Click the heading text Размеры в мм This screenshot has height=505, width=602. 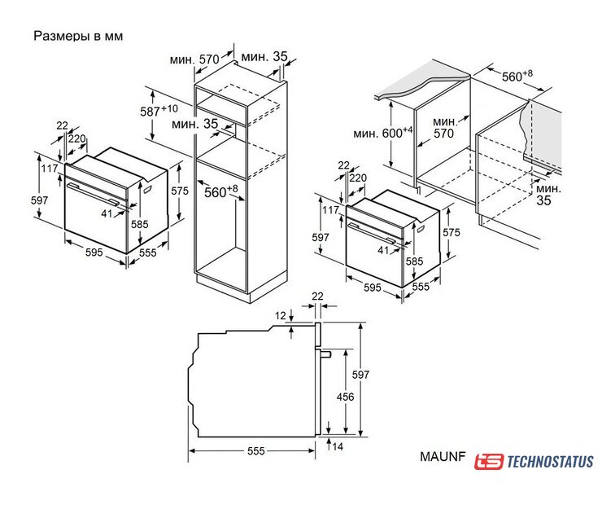click(78, 36)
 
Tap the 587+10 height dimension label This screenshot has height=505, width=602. click(159, 110)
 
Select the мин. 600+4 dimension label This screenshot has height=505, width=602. click(383, 133)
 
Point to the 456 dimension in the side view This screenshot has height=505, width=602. click(345, 396)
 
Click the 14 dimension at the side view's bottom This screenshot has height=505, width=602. click(338, 446)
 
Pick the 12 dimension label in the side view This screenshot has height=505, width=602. click(281, 315)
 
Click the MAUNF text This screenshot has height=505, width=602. click(443, 456)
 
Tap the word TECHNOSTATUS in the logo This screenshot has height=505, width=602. click(551, 461)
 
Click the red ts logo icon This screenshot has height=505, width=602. click(489, 461)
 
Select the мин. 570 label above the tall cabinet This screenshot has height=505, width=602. click(194, 59)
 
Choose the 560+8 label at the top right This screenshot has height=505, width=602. click(517, 76)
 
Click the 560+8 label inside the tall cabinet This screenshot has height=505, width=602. click(220, 191)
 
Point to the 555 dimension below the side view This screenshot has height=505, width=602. click(256, 450)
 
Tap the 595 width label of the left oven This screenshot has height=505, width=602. click(94, 252)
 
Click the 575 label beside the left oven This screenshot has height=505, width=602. click(180, 191)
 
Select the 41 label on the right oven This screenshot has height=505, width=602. click(383, 250)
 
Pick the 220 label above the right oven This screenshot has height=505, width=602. click(358, 178)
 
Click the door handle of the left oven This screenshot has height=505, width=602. click(93, 193)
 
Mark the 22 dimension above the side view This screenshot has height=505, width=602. click(317, 296)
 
